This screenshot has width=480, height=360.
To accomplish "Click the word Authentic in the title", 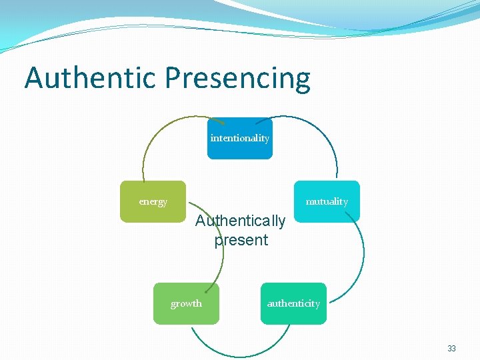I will point(91,78).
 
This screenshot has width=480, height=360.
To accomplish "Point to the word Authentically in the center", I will point(240,221).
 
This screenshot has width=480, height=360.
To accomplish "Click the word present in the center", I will point(241,240).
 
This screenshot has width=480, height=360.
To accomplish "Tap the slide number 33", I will point(451,348).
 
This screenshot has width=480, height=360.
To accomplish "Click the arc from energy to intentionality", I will point(160,133).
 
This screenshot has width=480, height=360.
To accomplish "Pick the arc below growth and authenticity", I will point(240,352).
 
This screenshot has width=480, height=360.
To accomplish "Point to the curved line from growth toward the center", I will point(222,263).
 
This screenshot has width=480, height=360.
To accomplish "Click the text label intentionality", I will point(240,138).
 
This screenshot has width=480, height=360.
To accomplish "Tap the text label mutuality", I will point(327,201).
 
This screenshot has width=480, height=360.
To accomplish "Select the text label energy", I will point(153,201).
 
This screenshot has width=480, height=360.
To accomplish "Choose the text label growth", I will point(186,303).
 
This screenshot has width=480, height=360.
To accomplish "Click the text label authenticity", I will point(293,303).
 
